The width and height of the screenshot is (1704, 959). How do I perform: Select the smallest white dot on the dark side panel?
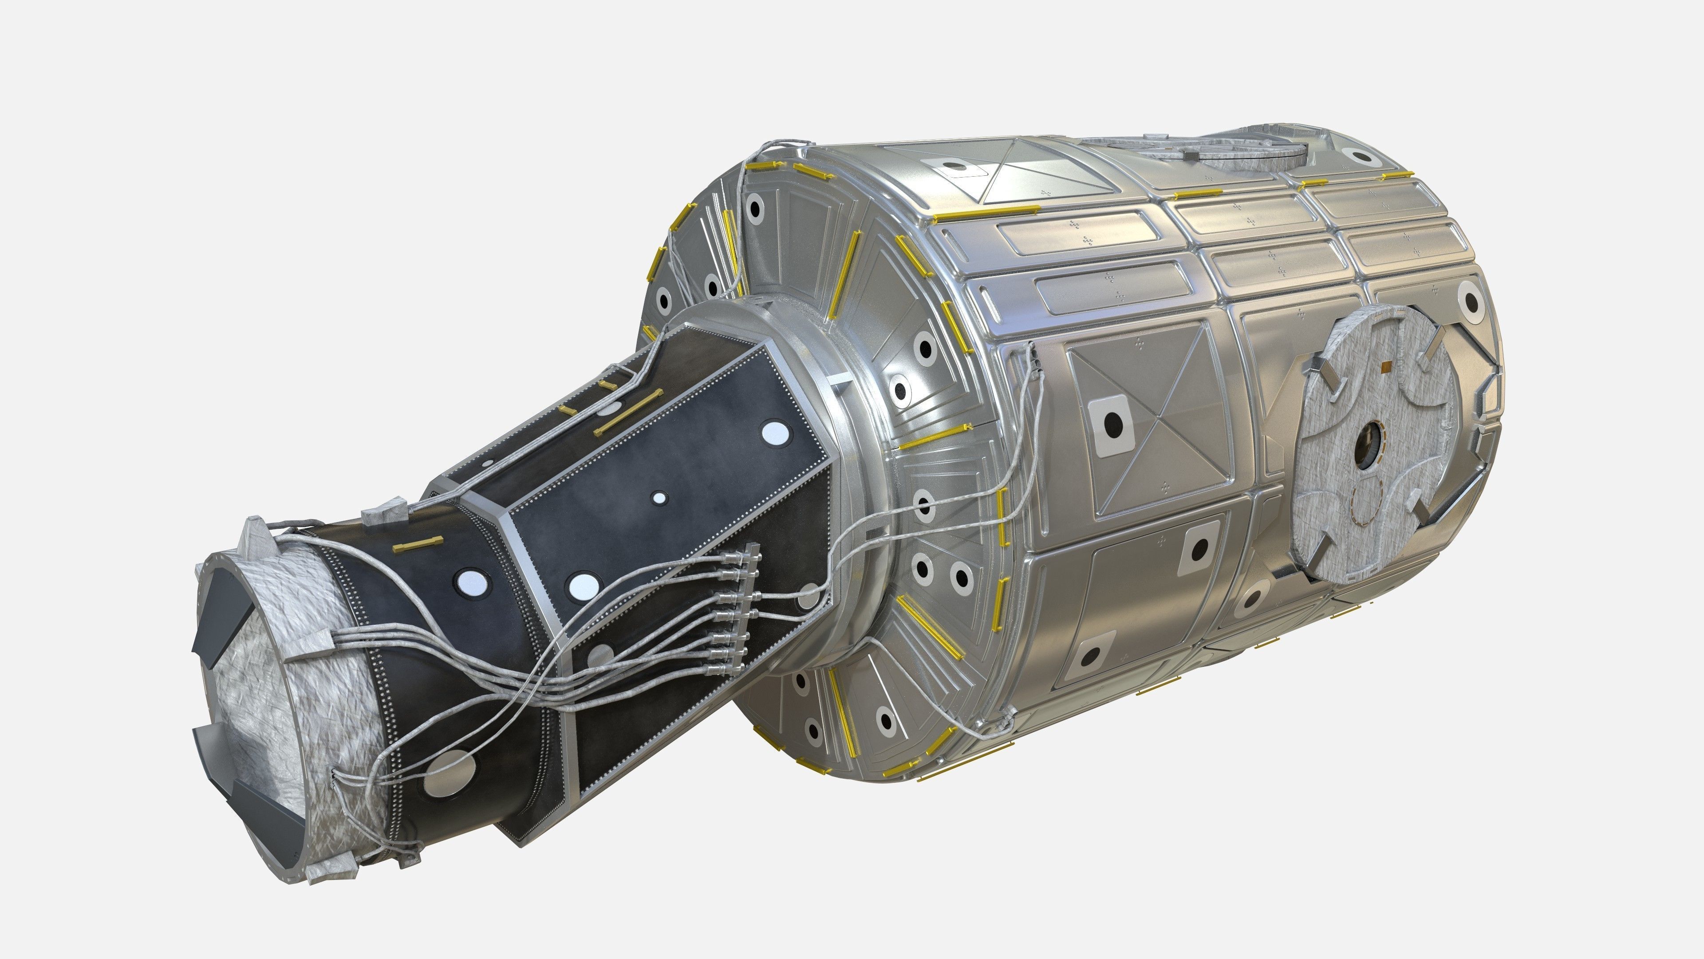coord(659,498)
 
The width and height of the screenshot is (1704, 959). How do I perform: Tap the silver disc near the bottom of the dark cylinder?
coord(452,773)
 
